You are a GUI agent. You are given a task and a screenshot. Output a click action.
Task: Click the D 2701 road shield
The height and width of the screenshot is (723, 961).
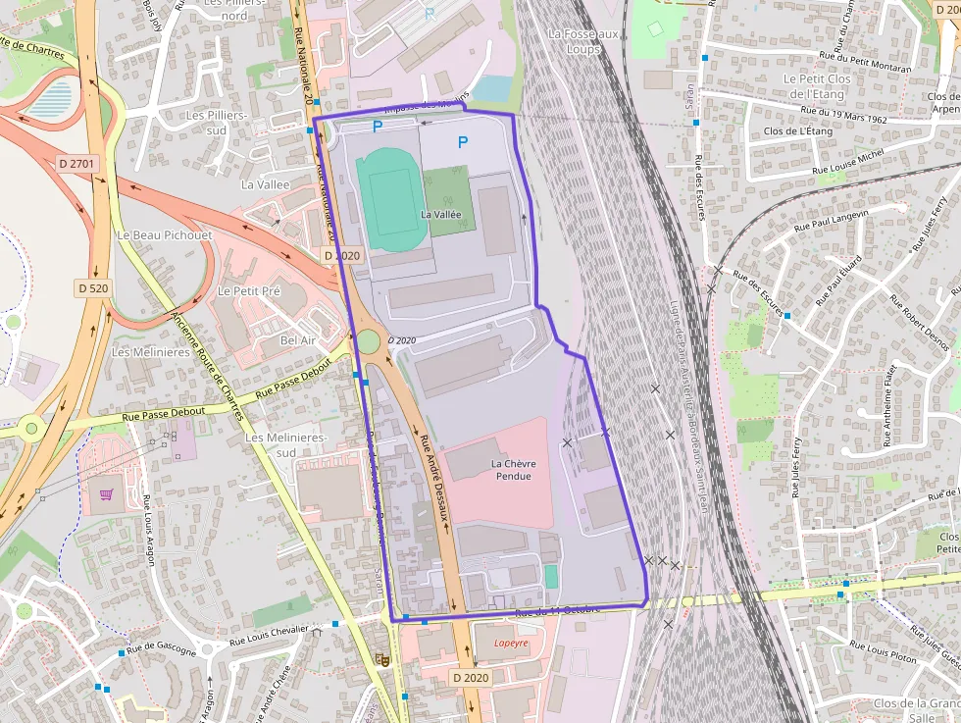click(78, 164)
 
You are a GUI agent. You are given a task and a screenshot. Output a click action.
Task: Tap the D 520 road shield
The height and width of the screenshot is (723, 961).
click(93, 287)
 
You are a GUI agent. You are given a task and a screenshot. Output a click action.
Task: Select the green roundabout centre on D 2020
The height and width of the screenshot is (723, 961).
click(368, 340)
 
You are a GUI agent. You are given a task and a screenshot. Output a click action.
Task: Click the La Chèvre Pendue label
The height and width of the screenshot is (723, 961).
click(511, 469)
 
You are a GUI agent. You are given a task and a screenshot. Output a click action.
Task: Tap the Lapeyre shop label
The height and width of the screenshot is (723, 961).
click(511, 644)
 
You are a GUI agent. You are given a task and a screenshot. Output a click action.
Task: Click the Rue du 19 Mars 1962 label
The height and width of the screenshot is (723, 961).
click(842, 115)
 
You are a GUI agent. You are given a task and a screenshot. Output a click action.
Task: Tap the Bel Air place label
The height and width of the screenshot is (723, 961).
click(298, 339)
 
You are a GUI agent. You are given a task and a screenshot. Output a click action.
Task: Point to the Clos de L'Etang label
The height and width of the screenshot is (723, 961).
click(797, 130)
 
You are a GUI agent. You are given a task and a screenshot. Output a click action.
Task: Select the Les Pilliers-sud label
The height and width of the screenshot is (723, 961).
click(220, 122)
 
